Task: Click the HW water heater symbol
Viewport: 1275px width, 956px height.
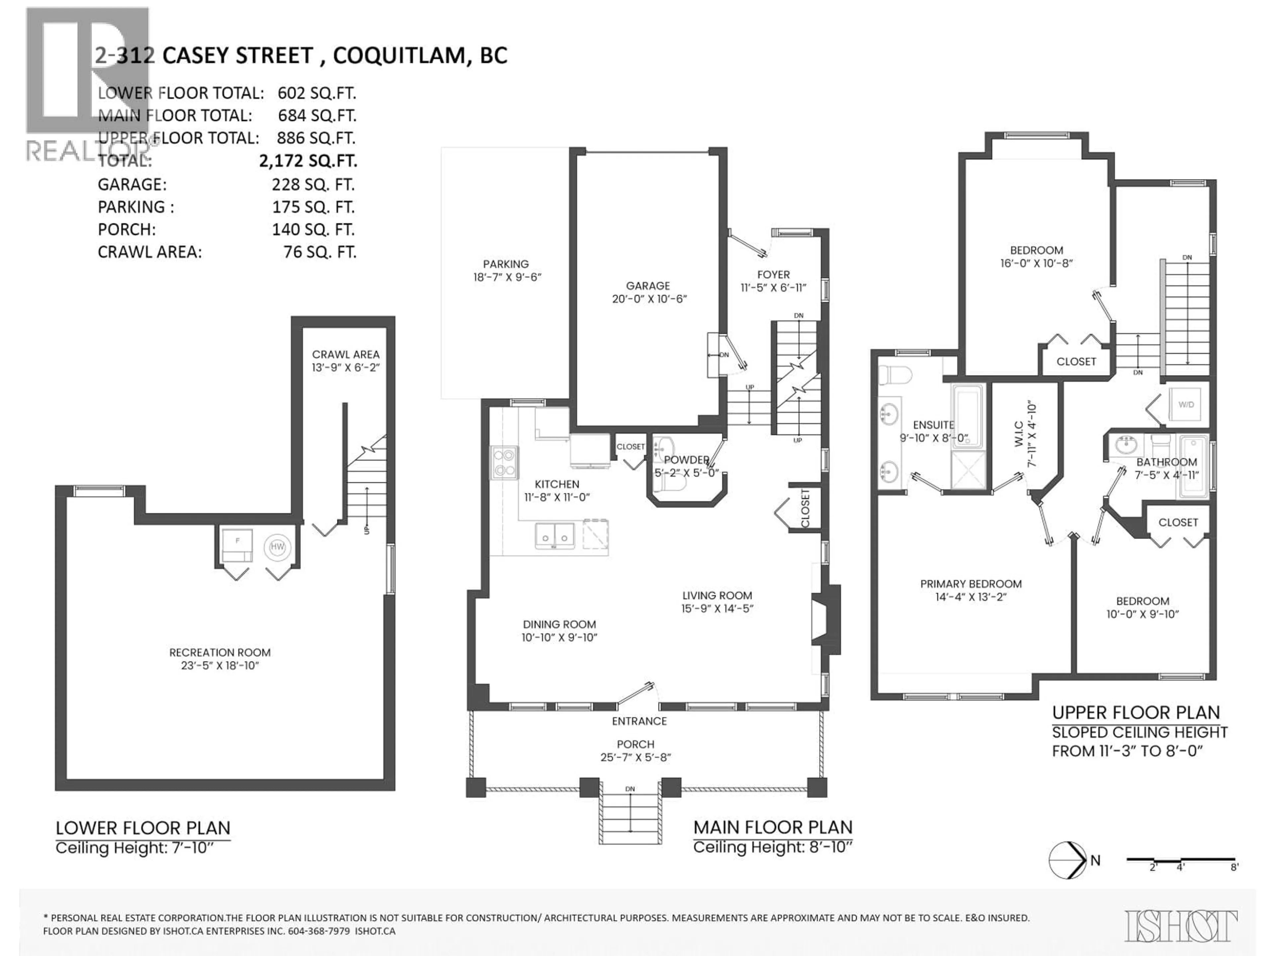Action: point(277,546)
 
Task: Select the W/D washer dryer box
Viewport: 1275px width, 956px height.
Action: point(1186,405)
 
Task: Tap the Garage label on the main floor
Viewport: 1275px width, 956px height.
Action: point(648,286)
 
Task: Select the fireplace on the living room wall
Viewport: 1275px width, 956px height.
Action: point(825,619)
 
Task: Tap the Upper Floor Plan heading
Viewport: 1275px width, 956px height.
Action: point(1136,713)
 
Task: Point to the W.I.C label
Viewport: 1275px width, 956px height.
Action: point(1018,433)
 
